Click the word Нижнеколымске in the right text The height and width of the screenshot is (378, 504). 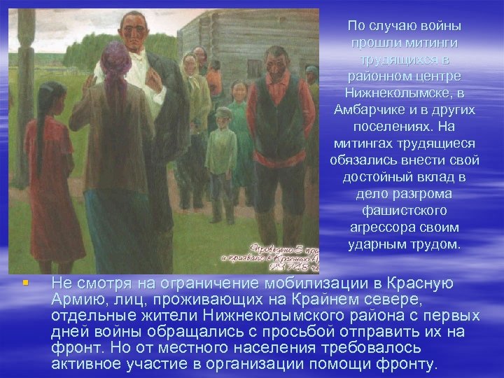(x=403, y=93)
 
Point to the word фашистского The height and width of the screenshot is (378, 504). (x=403, y=211)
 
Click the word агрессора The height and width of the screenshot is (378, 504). (x=379, y=227)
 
